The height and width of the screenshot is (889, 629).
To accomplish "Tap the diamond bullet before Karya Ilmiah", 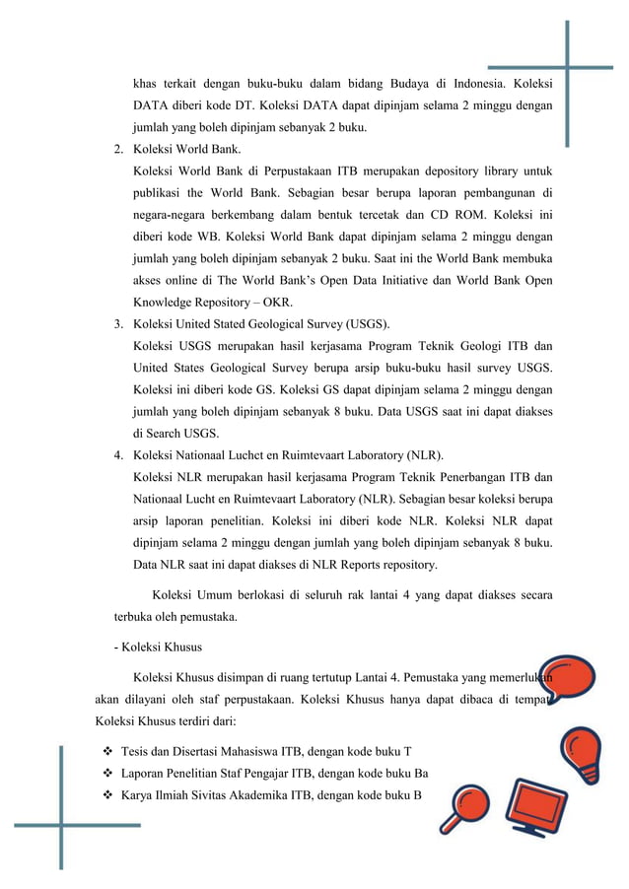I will click(105, 795).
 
